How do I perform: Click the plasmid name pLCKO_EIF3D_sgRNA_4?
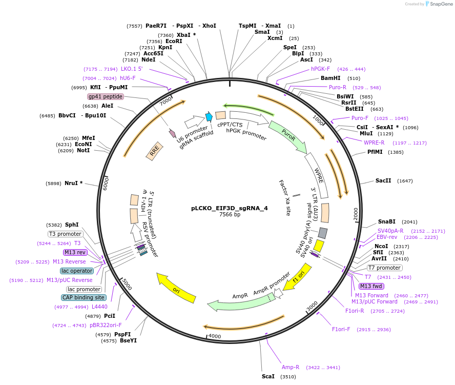(229, 208)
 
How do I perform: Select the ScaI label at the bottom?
(268, 376)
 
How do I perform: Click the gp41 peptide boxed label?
(106, 96)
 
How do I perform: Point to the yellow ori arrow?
(176, 288)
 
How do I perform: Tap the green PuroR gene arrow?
(288, 137)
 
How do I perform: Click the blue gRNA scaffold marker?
(209, 117)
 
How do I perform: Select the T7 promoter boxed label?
(385, 268)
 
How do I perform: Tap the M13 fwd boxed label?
(371, 286)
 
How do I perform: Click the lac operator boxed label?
(77, 271)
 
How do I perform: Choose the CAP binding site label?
(84, 297)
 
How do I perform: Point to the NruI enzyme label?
(74, 183)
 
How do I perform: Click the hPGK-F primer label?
(321, 69)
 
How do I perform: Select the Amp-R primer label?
(291, 367)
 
